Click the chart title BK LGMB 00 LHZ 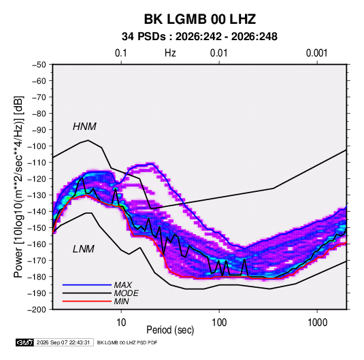pos(200,19)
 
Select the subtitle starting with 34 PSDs pos(199,37)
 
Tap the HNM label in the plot pos(84,127)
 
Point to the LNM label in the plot pos(84,249)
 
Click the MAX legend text pos(123,284)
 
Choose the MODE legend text pos(127,293)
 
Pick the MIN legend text pos(121,301)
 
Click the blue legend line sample pos(87,285)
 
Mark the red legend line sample pos(87,301)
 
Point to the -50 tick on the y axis pos(39,65)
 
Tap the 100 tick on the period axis pos(219,323)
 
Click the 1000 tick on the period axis pos(317,323)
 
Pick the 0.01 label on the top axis pos(218,53)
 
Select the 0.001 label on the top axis pos(316,53)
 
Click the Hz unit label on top pos(170,53)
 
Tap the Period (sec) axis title pos(170,330)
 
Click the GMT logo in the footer pos(25,342)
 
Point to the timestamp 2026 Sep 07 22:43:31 pos(63,342)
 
